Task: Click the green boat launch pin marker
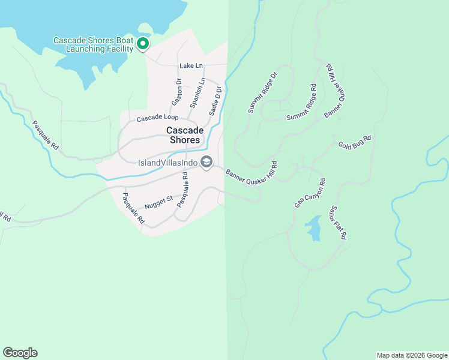coord(143,44)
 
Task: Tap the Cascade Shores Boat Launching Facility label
coord(92,44)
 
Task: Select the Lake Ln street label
coord(191,65)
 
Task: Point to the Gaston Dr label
coord(177,92)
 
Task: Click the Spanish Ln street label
coord(198,93)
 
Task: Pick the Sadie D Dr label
coord(215,100)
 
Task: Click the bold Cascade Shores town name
coord(184,135)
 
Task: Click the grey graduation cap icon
coord(206,163)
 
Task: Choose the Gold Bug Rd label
coord(355,142)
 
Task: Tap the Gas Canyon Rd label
coord(310,193)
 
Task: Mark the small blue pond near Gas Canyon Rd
coord(313,228)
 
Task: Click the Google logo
coord(20,353)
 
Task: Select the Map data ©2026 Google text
coord(412,355)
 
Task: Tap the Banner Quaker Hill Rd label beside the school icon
coord(251,177)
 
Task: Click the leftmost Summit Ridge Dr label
coord(262,93)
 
